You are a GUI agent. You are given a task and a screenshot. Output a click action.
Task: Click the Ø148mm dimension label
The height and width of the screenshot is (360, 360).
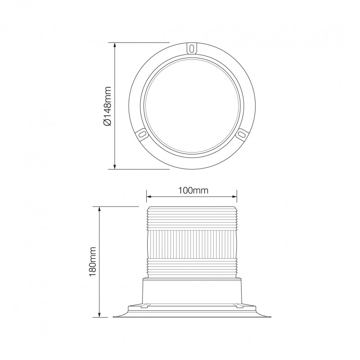[x=107, y=106]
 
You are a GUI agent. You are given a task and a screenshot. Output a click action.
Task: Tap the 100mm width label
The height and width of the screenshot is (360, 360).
[x=193, y=190]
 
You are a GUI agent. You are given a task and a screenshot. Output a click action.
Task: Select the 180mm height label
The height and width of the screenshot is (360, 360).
[x=93, y=261]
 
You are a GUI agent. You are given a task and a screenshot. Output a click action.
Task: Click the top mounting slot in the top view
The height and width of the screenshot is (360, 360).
[x=192, y=47]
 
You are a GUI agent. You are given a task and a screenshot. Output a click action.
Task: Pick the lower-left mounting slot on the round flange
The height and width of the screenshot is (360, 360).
[x=142, y=134]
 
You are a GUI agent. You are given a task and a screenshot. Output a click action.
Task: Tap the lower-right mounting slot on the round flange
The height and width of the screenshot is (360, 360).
[x=242, y=134]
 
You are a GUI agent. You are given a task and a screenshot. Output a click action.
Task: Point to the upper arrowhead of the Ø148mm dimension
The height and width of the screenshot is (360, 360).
[x=116, y=46]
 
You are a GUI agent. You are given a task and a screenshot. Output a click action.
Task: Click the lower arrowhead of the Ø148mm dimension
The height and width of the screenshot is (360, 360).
[x=116, y=166]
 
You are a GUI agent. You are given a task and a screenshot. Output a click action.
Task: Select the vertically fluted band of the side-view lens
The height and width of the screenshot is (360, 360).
[x=192, y=243]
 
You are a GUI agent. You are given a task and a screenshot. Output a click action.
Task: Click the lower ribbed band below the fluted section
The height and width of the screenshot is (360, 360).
[x=192, y=268]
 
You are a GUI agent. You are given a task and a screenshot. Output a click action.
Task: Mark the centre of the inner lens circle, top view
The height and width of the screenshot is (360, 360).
[x=192, y=106]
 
